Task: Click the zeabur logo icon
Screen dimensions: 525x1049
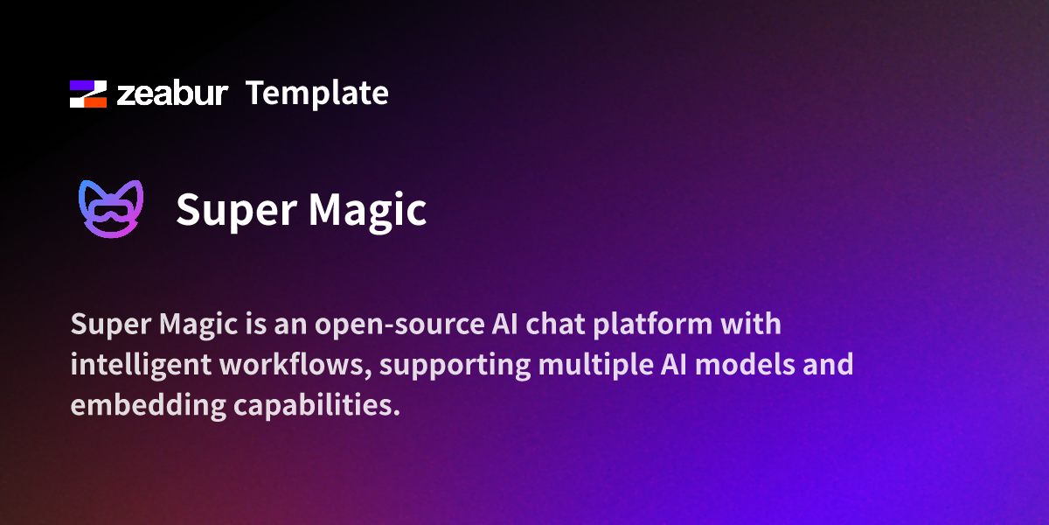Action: [x=88, y=94]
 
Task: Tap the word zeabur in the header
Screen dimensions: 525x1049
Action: [x=172, y=94]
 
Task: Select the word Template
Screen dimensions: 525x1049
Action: [x=316, y=93]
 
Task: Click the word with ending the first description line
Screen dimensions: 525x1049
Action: [x=751, y=325]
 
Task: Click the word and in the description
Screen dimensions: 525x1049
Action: [x=826, y=365]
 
